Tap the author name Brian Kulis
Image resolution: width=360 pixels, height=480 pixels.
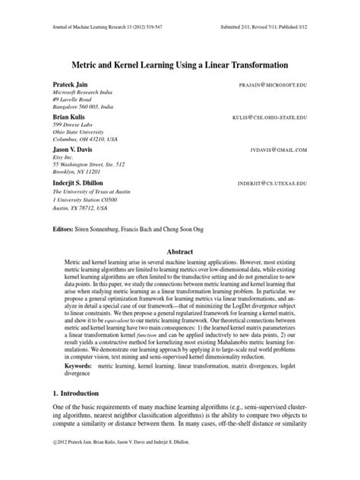(68, 118)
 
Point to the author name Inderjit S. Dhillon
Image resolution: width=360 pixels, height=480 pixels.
(81, 183)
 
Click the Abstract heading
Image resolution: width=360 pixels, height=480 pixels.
(180, 251)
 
